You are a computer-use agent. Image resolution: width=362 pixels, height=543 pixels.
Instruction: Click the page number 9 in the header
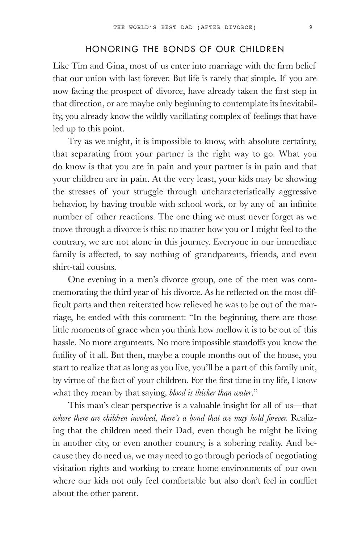pyautogui.click(x=311, y=26)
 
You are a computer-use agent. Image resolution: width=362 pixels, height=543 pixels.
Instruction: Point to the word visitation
pyautogui.click(x=70, y=468)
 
